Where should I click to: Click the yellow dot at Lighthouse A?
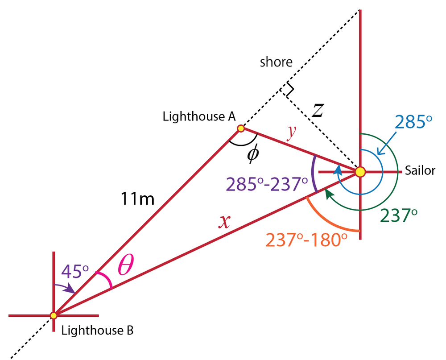coord(241,128)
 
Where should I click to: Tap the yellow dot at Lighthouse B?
coord(54,315)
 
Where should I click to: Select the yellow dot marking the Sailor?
coord(360,171)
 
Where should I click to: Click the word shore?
coord(276,62)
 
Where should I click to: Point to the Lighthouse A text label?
coord(199,117)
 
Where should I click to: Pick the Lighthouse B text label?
coord(97,331)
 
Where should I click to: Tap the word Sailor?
coord(420,170)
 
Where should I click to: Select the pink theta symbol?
coord(125,267)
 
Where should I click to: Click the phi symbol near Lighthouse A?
coord(253,154)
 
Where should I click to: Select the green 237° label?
coord(398,216)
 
